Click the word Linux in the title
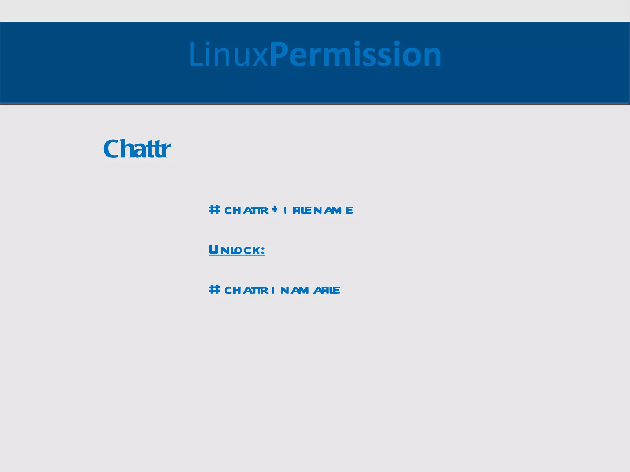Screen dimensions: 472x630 pos(229,55)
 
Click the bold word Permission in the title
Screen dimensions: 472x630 pos(356,55)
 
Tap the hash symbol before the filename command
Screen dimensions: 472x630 pos(214,210)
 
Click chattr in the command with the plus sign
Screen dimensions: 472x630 pos(246,210)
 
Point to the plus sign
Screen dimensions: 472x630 pos(275,209)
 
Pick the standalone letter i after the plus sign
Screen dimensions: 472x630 pos(286,210)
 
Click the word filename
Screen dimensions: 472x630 pos(323,210)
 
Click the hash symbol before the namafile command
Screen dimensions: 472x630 pos(214,289)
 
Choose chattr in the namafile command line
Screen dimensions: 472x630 pos(246,290)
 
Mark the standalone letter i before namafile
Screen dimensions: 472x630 pos(273,290)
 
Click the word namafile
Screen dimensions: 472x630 pos(310,290)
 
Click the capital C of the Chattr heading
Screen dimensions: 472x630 pos(112,149)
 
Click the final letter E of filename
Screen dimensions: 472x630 pos(349,210)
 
